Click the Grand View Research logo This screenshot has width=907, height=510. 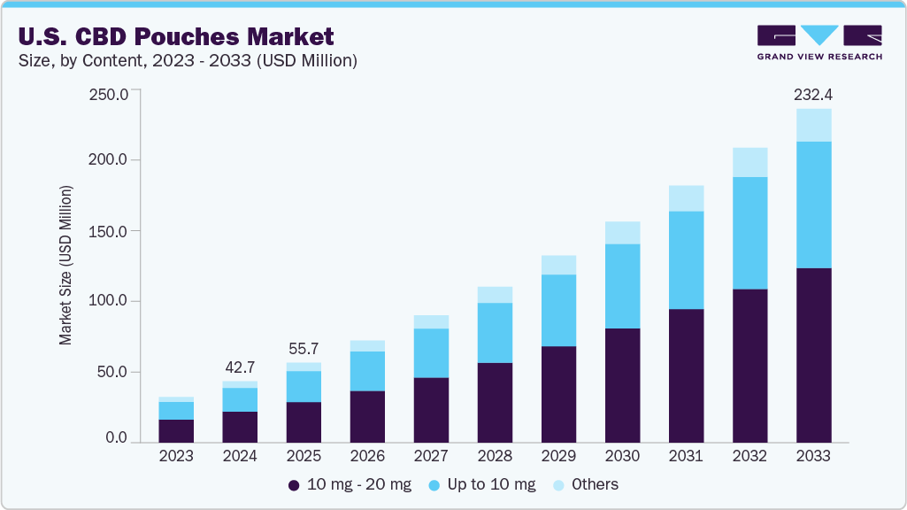click(819, 42)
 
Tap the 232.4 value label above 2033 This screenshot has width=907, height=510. click(813, 94)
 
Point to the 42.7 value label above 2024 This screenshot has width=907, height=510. click(240, 367)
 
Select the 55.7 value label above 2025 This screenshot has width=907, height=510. click(304, 348)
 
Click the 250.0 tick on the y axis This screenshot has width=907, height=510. click(110, 94)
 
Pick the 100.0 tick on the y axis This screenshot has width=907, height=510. click(110, 301)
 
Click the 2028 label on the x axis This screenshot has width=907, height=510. click(495, 457)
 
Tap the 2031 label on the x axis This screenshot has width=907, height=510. click(686, 457)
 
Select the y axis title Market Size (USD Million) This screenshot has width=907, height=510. click(65, 266)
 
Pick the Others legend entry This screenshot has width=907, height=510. click(585, 484)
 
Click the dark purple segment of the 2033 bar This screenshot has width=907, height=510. click(813, 354)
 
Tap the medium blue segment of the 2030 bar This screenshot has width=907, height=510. click(622, 286)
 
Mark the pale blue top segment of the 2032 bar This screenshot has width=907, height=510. click(749, 162)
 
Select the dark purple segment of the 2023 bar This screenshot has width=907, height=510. click(176, 430)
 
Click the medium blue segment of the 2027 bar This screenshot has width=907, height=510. click(431, 352)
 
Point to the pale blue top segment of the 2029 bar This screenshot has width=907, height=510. click(558, 265)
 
